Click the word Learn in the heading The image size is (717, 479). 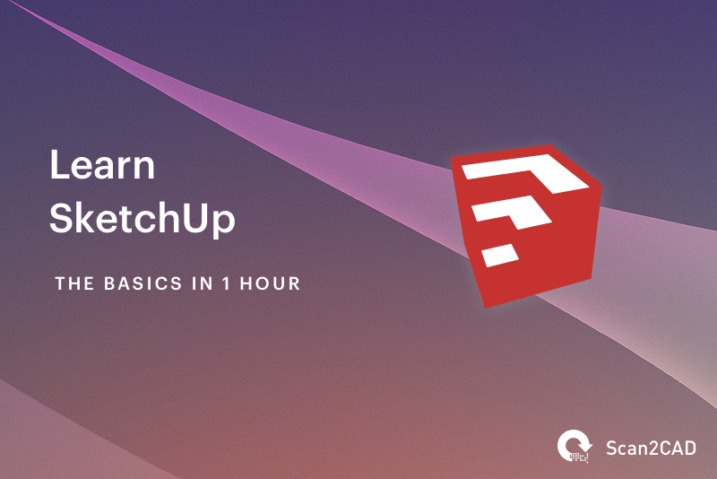click(x=102, y=167)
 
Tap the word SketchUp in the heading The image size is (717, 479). click(x=142, y=220)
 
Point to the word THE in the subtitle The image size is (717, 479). click(x=74, y=283)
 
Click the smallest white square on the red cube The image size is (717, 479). click(x=499, y=255)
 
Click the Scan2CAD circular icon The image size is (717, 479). click(x=573, y=446)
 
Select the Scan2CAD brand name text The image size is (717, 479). click(x=652, y=447)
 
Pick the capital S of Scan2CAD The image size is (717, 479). click(x=612, y=447)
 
